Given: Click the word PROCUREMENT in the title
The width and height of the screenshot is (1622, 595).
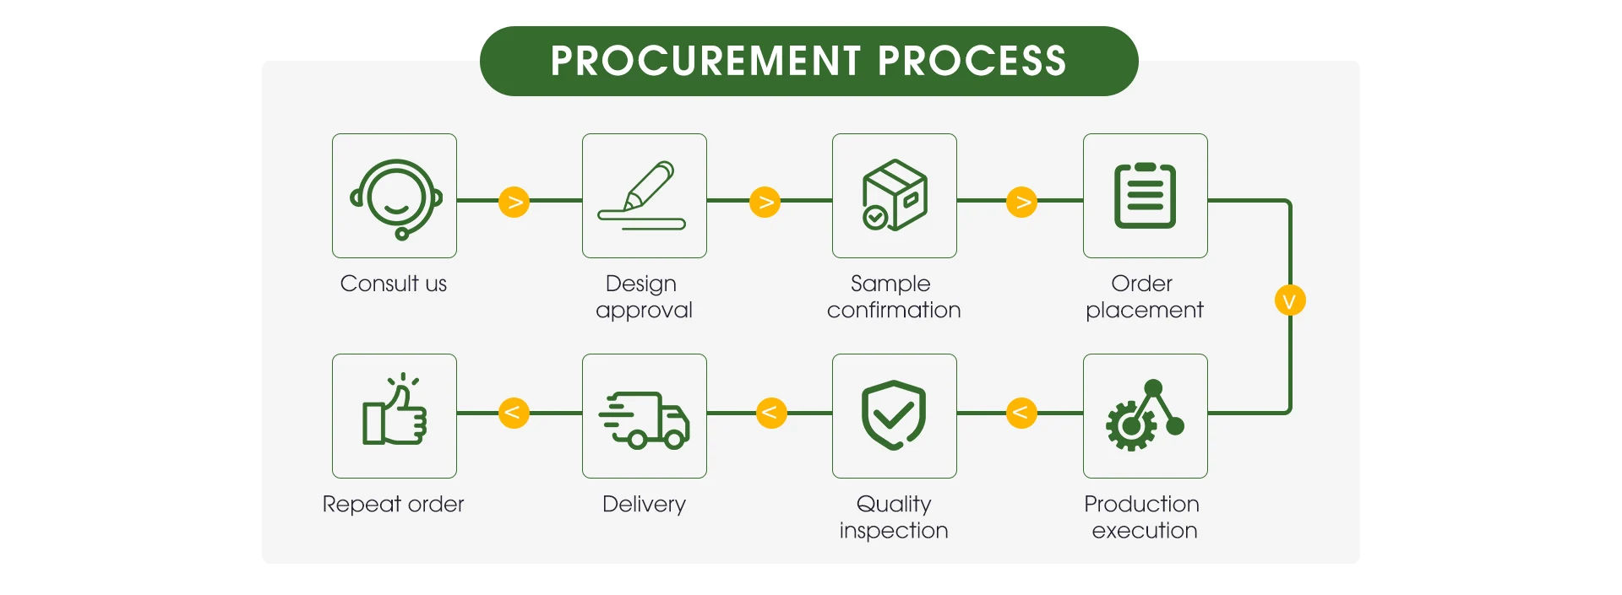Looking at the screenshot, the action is (705, 61).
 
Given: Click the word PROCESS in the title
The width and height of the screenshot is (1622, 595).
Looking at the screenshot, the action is (972, 61).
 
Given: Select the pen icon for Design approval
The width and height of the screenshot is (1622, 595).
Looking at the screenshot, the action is (642, 196).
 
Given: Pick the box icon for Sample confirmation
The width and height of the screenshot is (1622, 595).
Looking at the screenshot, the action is (895, 195).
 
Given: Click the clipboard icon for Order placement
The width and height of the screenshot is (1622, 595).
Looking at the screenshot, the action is (1145, 195).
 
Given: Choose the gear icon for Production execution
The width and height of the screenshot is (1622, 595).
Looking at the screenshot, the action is (1145, 415).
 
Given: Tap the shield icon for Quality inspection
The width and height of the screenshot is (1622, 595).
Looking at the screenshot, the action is (894, 414).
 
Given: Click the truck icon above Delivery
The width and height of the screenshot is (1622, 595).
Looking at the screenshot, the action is (644, 419).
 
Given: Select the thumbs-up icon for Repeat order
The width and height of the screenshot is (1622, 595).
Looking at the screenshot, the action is (395, 409).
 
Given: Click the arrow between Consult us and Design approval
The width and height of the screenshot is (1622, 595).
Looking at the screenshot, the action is (514, 202).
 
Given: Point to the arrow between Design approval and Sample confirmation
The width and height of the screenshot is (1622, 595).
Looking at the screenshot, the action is (765, 202).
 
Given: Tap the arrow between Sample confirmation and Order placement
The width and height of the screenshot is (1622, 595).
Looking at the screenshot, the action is (1022, 202).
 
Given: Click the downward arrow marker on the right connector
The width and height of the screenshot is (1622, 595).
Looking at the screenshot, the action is (1290, 300).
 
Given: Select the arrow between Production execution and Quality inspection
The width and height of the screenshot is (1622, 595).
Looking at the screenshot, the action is (1021, 413).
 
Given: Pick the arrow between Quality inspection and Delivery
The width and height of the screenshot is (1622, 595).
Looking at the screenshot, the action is (770, 413).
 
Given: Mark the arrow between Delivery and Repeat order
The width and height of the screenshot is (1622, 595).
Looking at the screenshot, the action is (514, 413).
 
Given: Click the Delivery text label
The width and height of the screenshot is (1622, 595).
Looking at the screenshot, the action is (644, 505).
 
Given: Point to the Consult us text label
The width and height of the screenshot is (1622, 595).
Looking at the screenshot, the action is (394, 284).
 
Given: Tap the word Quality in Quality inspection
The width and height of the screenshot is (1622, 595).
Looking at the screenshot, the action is (894, 505).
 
